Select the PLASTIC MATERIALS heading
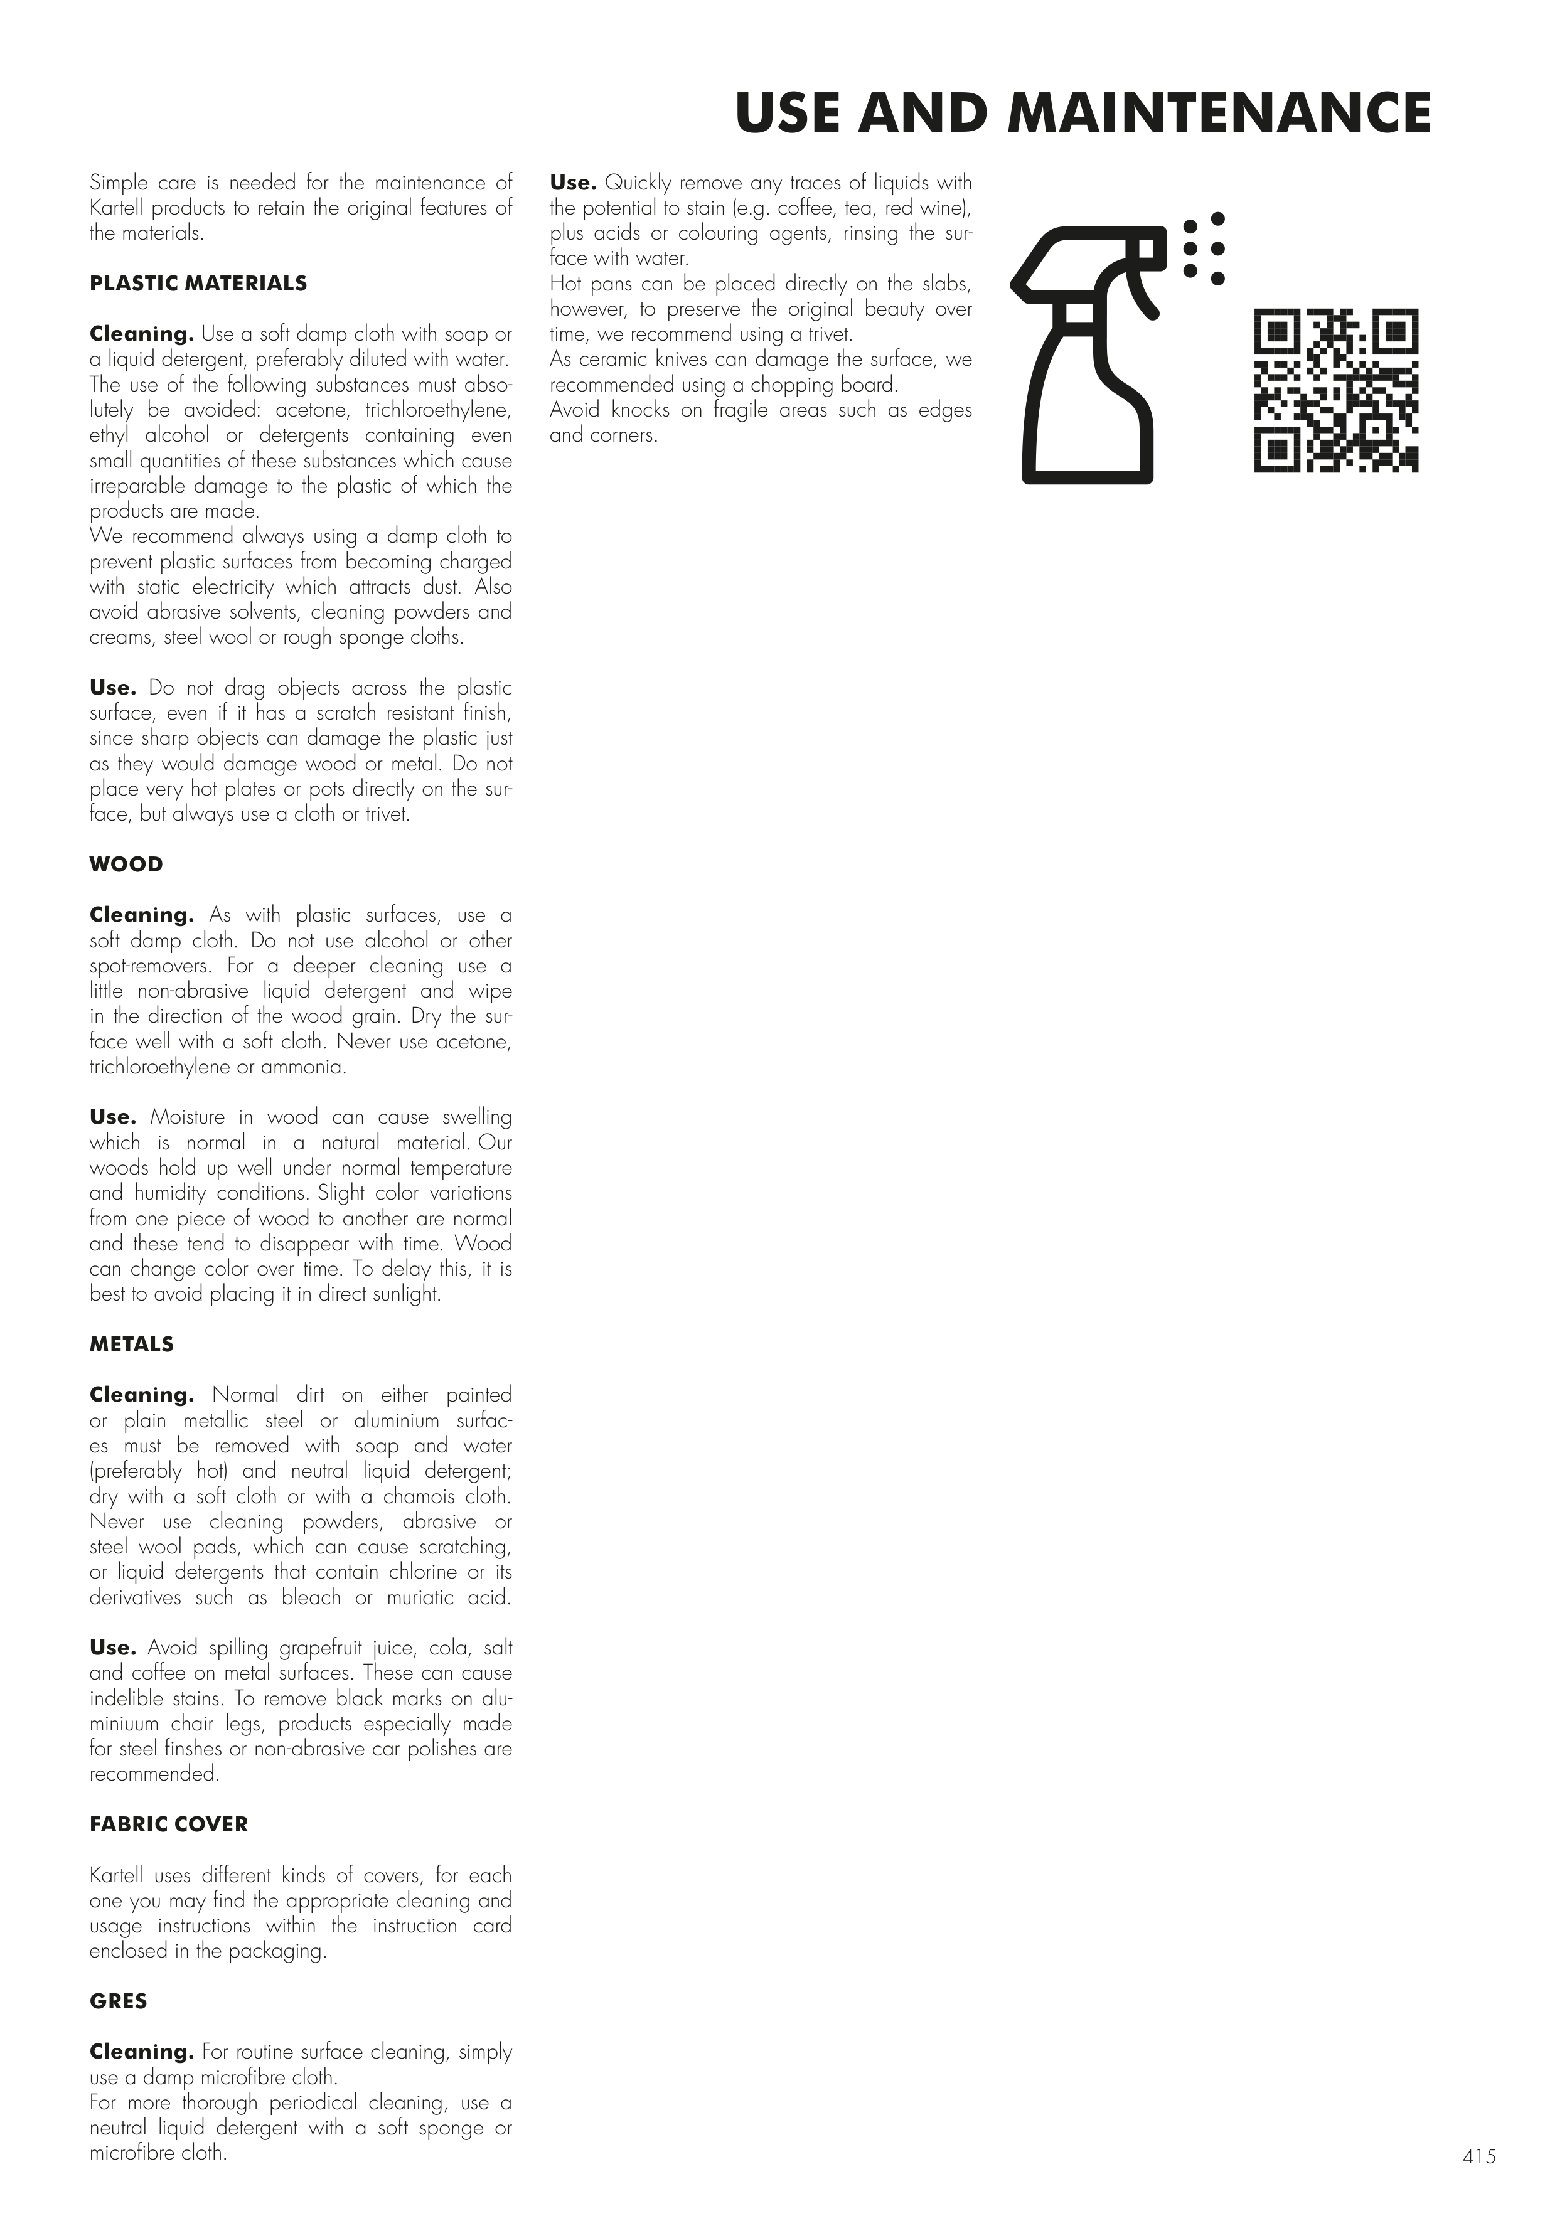point(198,284)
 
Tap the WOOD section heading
point(127,865)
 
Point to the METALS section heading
point(131,1345)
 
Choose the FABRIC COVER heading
point(169,1824)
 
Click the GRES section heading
point(119,2001)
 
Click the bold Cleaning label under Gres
point(142,2052)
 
